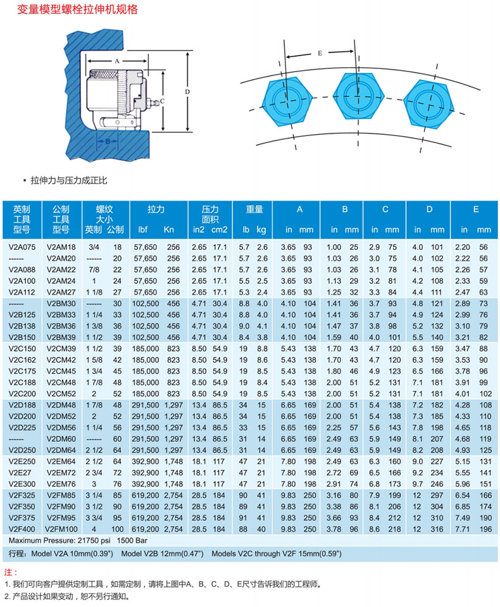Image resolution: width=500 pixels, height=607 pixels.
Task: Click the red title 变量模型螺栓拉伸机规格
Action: [77, 9]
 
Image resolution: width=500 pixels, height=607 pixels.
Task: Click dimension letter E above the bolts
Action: [320, 53]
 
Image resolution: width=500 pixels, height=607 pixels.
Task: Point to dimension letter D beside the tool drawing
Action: [187, 92]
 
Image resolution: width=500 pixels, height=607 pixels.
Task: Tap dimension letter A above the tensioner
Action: [117, 61]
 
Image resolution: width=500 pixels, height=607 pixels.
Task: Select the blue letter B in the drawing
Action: [108, 142]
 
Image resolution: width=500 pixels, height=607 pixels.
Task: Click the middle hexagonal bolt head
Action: [358, 96]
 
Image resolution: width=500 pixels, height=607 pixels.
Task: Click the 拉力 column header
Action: [156, 210]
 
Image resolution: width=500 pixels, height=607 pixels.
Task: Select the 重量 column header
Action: [254, 210]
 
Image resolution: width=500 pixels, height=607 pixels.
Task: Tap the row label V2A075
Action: [22, 247]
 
